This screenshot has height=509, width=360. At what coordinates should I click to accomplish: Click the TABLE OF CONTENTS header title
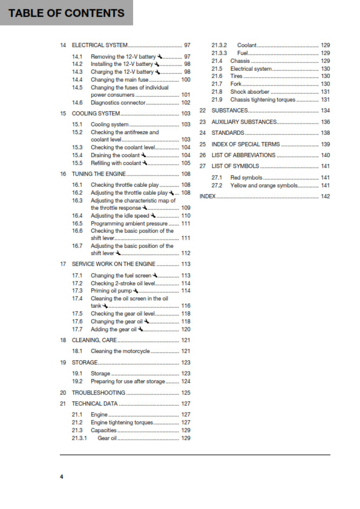point(66,13)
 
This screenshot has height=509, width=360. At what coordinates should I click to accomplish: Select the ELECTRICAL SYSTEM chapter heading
point(100,45)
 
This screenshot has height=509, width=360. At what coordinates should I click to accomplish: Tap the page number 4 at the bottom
point(61,478)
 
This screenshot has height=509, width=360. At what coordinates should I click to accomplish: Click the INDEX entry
point(207,196)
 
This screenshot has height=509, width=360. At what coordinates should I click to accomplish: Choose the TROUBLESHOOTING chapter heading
point(99,393)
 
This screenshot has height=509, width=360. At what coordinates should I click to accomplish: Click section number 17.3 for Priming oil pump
point(77,291)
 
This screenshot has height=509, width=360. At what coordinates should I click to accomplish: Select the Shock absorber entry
point(250,92)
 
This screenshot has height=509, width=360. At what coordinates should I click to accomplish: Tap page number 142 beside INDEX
point(325,196)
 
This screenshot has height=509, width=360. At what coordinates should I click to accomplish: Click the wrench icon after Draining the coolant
point(143,155)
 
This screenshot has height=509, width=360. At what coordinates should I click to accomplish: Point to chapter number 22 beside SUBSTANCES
point(203,111)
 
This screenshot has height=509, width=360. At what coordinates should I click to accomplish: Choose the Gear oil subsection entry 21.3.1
point(107,438)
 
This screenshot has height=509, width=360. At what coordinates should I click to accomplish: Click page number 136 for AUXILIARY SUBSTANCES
point(325,122)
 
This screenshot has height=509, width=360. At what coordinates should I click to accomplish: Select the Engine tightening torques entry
point(122,423)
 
